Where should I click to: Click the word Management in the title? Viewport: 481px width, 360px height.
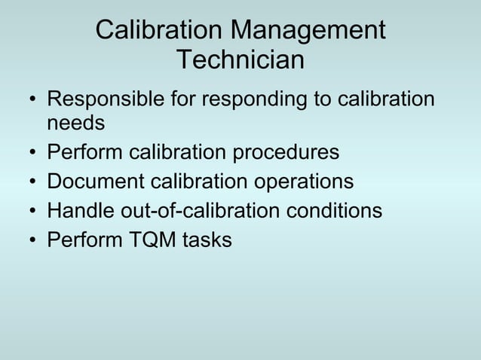pyautogui.click(x=308, y=31)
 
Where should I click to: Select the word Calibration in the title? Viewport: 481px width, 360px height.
pyautogui.click(x=159, y=31)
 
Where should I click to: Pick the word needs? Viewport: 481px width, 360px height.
pyautogui.click(x=75, y=121)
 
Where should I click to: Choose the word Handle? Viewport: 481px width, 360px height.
pyautogui.click(x=81, y=211)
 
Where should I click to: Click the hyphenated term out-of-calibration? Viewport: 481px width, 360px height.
pyautogui.click(x=201, y=211)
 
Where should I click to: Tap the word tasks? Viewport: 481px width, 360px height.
pyautogui.click(x=207, y=240)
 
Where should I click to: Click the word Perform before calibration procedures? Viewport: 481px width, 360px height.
pyautogui.click(x=85, y=151)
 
